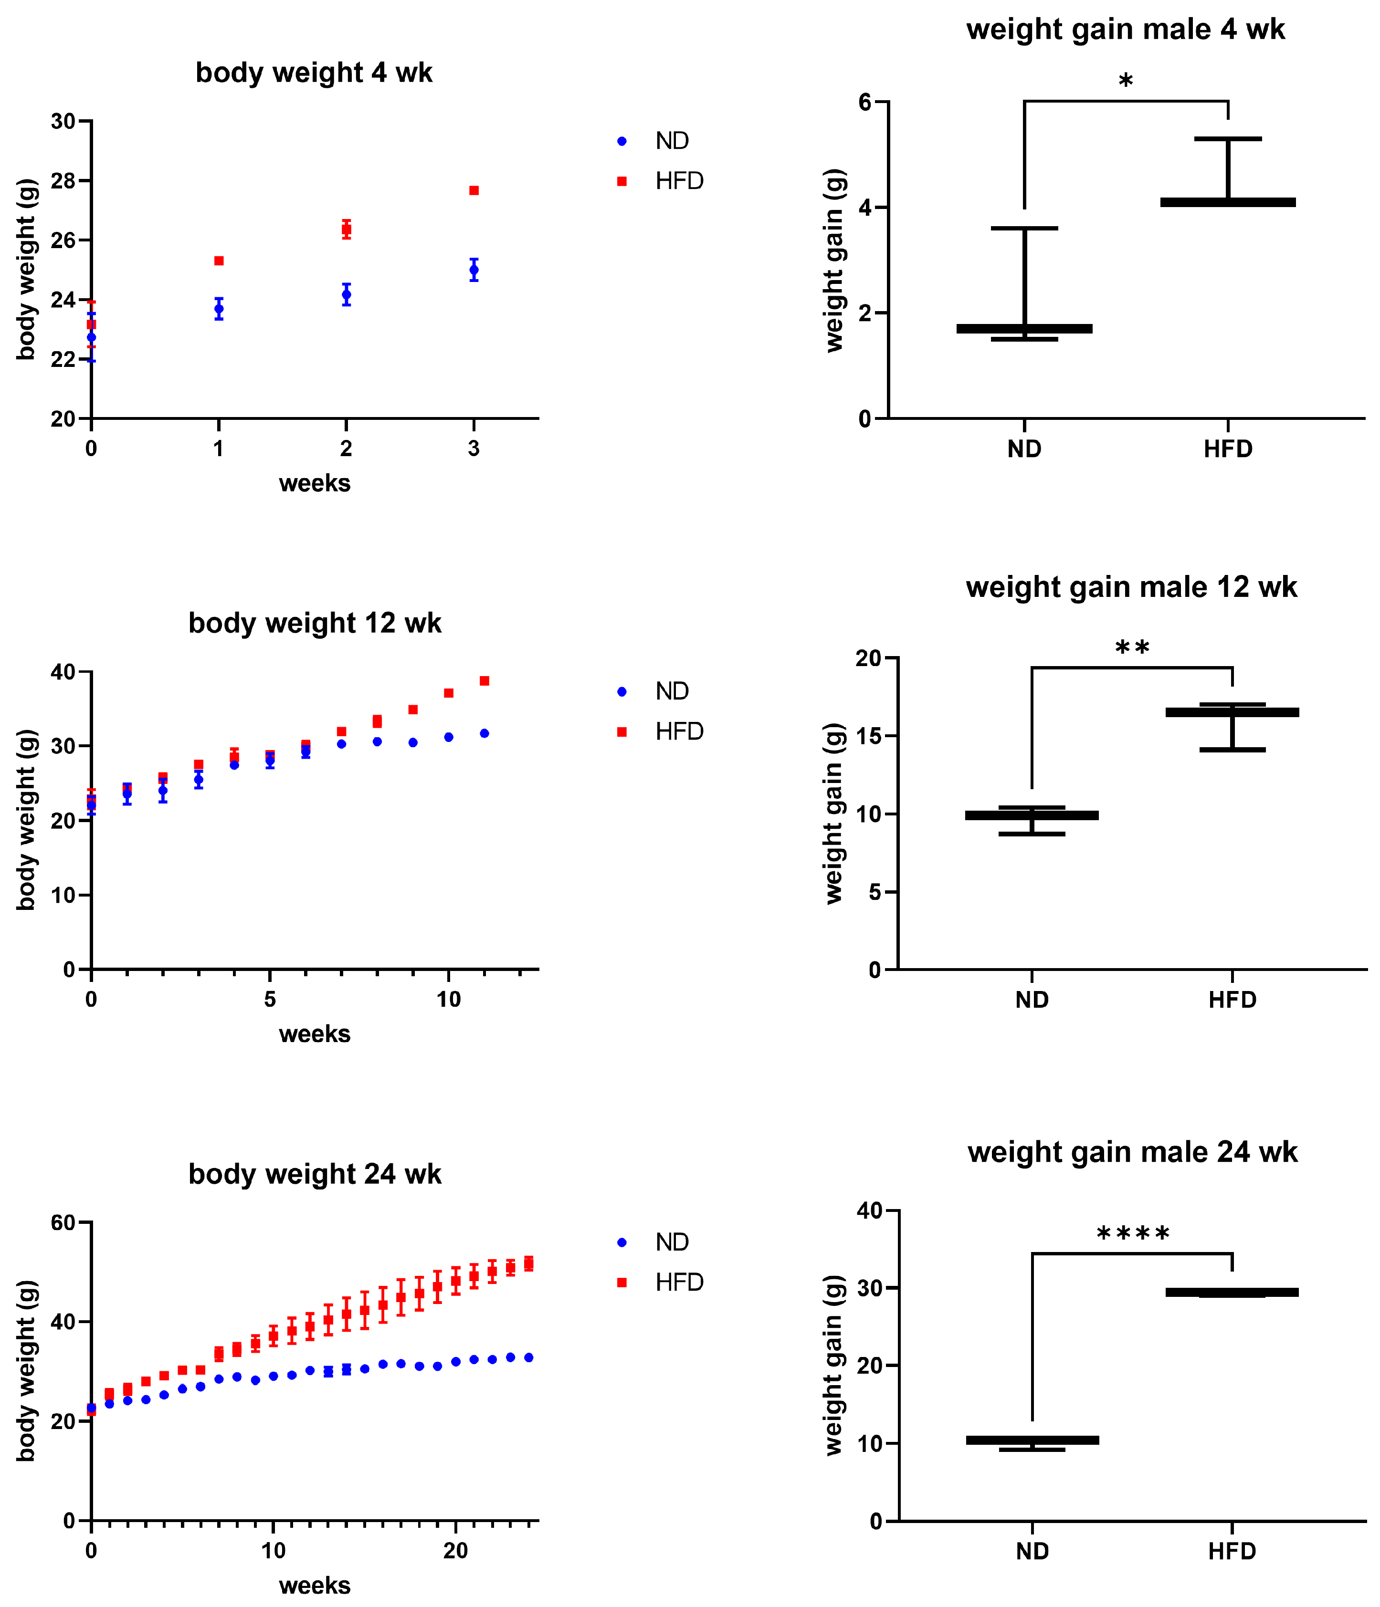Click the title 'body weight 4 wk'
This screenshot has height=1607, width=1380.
pyautogui.click(x=314, y=73)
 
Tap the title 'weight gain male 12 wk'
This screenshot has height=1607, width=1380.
pyautogui.click(x=1131, y=587)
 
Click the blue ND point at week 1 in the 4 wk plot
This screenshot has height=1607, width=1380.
pyautogui.click(x=219, y=309)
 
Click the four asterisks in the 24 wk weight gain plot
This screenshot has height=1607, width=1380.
pyautogui.click(x=1133, y=1234)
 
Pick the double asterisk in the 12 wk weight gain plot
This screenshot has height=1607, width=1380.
pyautogui.click(x=1132, y=647)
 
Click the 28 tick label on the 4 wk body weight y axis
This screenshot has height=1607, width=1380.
pyautogui.click(x=63, y=181)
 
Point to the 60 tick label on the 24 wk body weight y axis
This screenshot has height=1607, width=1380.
pyautogui.click(x=63, y=1223)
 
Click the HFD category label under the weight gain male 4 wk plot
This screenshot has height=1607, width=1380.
pyautogui.click(x=1228, y=449)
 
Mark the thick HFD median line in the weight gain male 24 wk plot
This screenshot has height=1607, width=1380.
pyautogui.click(x=1232, y=1292)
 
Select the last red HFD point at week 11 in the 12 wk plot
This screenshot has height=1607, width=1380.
pyautogui.click(x=484, y=681)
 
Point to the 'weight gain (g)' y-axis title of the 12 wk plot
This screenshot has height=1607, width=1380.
pyautogui.click(x=834, y=813)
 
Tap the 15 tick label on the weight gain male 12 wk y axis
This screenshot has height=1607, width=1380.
pyautogui.click(x=869, y=736)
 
